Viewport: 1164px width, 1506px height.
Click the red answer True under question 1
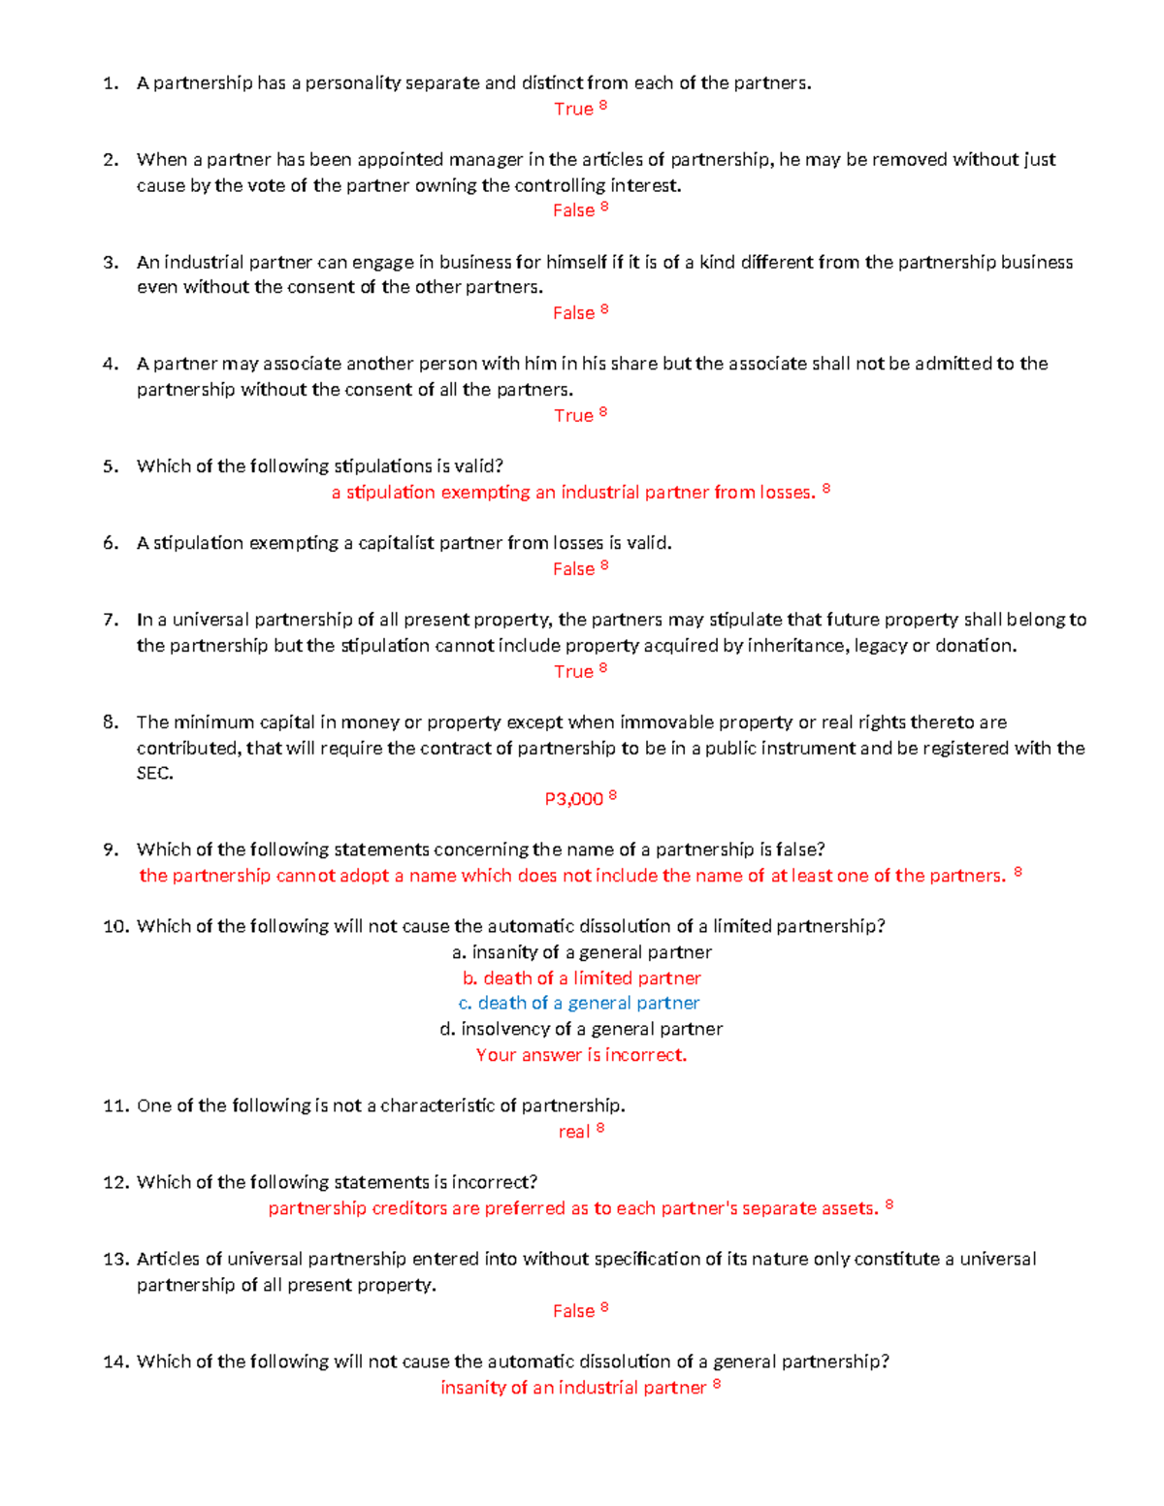click(573, 110)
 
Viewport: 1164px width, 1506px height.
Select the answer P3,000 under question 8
click(574, 799)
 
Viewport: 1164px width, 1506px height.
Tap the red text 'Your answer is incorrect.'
click(581, 1055)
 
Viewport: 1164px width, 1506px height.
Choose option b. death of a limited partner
click(581, 978)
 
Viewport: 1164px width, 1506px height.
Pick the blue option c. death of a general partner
click(579, 1004)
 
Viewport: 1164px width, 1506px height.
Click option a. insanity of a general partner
click(581, 952)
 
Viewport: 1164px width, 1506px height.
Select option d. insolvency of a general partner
click(581, 1029)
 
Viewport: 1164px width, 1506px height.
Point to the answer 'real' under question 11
click(574, 1132)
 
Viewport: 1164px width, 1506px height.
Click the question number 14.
click(115, 1362)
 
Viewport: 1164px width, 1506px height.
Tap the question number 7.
click(111, 620)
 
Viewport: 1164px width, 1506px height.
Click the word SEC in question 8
click(154, 774)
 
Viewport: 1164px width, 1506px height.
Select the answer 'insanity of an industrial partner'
click(573, 1388)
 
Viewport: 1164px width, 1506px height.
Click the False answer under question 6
click(573, 569)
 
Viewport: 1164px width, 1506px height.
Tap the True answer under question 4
click(573, 416)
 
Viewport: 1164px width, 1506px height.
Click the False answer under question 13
click(573, 1311)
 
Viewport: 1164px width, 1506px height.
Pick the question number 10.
click(115, 927)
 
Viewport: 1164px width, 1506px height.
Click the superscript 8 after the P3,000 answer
click(613, 795)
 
